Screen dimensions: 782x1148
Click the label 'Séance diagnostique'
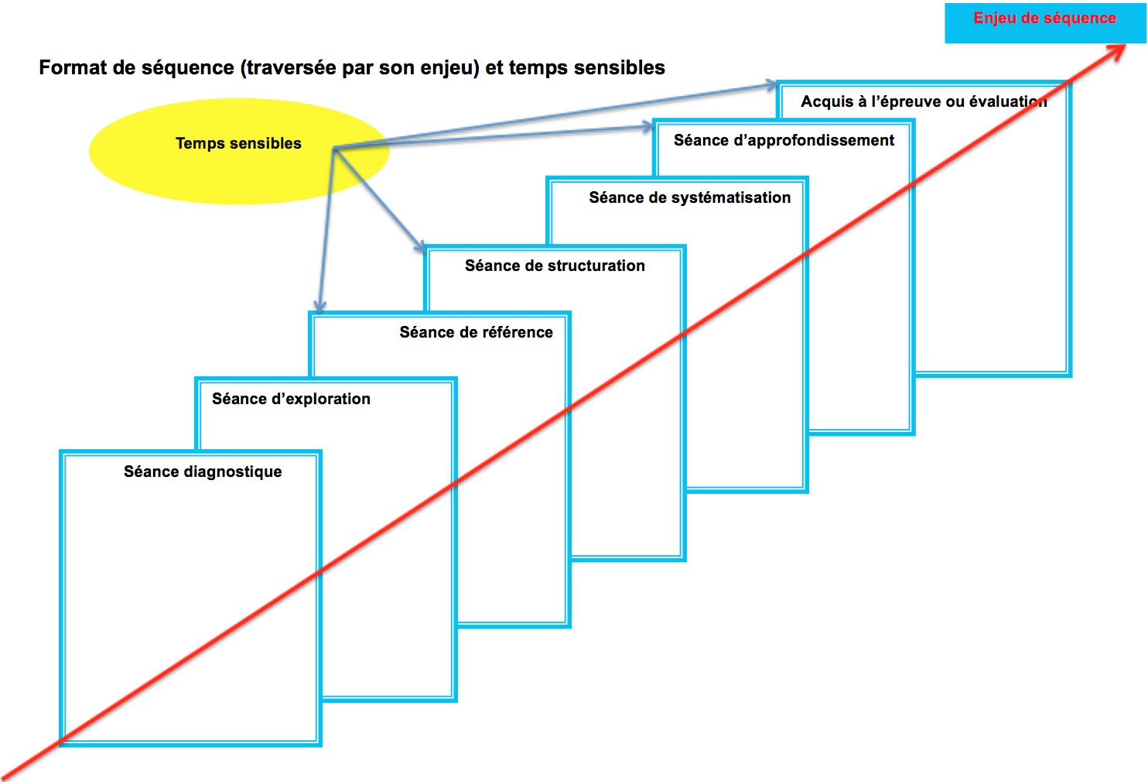[x=203, y=472]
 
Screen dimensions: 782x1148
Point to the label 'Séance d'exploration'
[x=291, y=399]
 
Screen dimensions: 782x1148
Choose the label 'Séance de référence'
[x=476, y=332]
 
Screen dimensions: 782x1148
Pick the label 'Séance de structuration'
[x=555, y=266]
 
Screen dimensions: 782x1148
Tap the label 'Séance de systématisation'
[x=689, y=197]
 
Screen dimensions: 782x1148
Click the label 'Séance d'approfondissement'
[x=784, y=140]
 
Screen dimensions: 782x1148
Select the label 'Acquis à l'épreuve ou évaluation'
[x=924, y=101]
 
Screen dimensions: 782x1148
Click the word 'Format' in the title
[x=73, y=68]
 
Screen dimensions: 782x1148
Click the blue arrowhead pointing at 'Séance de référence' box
[x=320, y=306]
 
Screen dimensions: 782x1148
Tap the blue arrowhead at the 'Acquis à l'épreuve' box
[x=770, y=84]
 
